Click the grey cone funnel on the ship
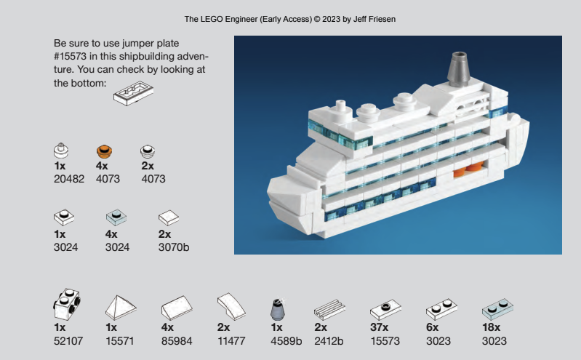(459, 69)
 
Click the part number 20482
(69, 179)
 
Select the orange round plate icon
(104, 151)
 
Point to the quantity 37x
(379, 327)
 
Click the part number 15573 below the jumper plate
(385, 340)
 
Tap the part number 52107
(68, 340)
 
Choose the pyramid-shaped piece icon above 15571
(121, 308)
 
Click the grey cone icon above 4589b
(278, 309)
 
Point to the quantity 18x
(491, 327)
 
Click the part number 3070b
(174, 247)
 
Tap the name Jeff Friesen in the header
(374, 19)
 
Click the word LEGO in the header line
(211, 19)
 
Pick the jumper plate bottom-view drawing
(133, 93)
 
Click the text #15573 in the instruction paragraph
(70, 56)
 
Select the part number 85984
(177, 340)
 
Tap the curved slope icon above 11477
(231, 307)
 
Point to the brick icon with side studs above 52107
(67, 305)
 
